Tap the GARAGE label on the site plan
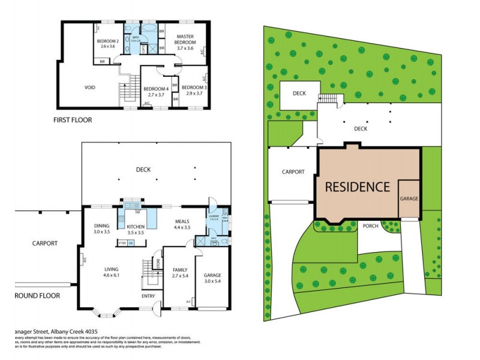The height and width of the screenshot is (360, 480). (409, 199)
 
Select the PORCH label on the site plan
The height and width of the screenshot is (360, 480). (370, 226)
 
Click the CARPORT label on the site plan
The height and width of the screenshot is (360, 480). (293, 172)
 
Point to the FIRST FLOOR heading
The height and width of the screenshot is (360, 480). (73, 120)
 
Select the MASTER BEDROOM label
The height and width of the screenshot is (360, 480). (185, 40)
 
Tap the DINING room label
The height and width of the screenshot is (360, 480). (101, 226)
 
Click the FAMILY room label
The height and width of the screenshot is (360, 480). (181, 271)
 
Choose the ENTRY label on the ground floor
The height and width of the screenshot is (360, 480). (148, 296)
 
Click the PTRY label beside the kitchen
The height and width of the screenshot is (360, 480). (122, 242)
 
